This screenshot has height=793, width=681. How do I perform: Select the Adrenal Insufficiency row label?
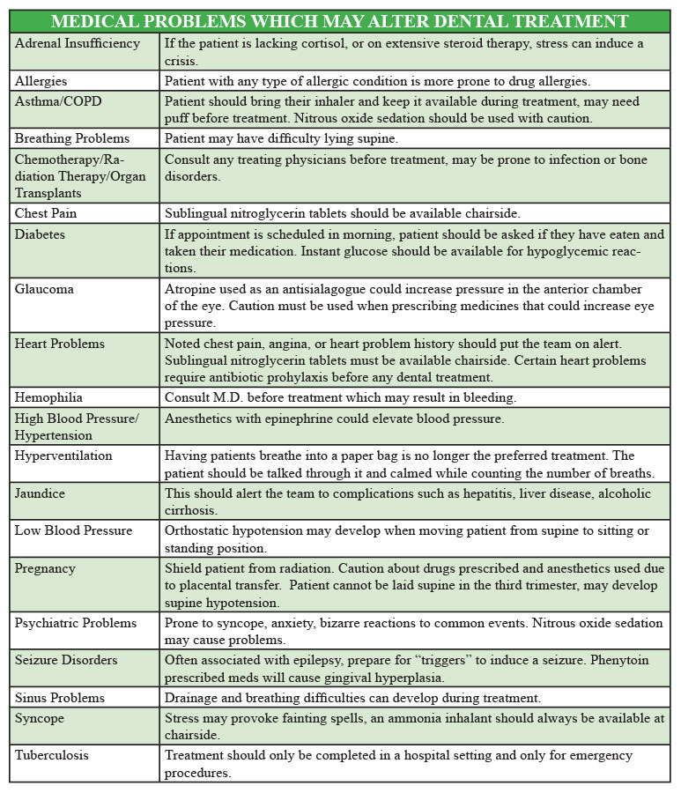[78, 43]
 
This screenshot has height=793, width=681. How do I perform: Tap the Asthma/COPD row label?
[58, 101]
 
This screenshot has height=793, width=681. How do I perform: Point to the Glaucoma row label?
[44, 289]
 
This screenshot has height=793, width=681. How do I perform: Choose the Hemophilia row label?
[50, 397]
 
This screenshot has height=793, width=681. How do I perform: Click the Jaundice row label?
[41, 493]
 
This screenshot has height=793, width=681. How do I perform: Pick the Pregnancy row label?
[45, 568]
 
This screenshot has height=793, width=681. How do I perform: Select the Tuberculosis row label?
[52, 755]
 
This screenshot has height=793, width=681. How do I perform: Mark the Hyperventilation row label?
[63, 456]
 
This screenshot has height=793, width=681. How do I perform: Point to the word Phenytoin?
[631, 660]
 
